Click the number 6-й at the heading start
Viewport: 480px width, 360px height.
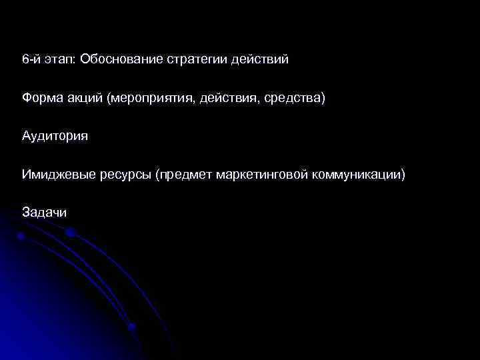31,59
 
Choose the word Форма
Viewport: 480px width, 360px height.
41,98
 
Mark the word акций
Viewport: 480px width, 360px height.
84,98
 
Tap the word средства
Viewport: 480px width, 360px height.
293,99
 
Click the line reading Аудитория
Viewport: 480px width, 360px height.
55,137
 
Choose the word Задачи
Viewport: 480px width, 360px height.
44,213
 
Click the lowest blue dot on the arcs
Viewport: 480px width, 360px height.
132,327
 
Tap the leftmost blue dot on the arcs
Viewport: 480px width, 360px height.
21,236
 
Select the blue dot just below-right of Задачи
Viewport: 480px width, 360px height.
70,233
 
